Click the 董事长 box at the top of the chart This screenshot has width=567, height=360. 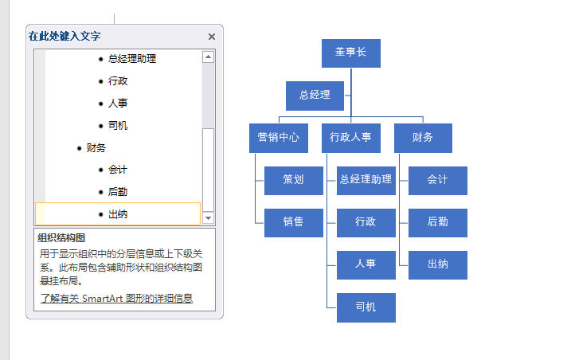tap(350, 53)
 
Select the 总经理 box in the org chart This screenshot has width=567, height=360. tap(315, 96)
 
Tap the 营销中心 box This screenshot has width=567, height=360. tap(279, 138)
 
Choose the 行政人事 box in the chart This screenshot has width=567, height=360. tap(350, 138)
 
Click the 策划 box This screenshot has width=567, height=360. tap(294, 181)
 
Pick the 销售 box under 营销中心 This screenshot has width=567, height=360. tap(294, 223)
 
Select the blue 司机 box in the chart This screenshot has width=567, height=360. tap(366, 307)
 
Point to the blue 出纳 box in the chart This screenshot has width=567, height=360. tap(437, 265)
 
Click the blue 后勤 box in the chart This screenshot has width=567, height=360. tap(437, 223)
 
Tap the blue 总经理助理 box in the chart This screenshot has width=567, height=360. tap(366, 181)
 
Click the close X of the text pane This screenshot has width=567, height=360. tap(212, 37)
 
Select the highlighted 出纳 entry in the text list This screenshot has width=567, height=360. tap(118, 214)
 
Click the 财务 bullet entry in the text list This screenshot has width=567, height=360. tap(96, 148)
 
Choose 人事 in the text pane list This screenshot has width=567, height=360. tap(118, 104)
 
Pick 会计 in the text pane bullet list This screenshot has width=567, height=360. tap(118, 170)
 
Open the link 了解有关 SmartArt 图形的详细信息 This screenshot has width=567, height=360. tap(116, 299)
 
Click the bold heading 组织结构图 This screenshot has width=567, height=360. tap(61, 238)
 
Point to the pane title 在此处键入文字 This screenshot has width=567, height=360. tap(65, 36)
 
